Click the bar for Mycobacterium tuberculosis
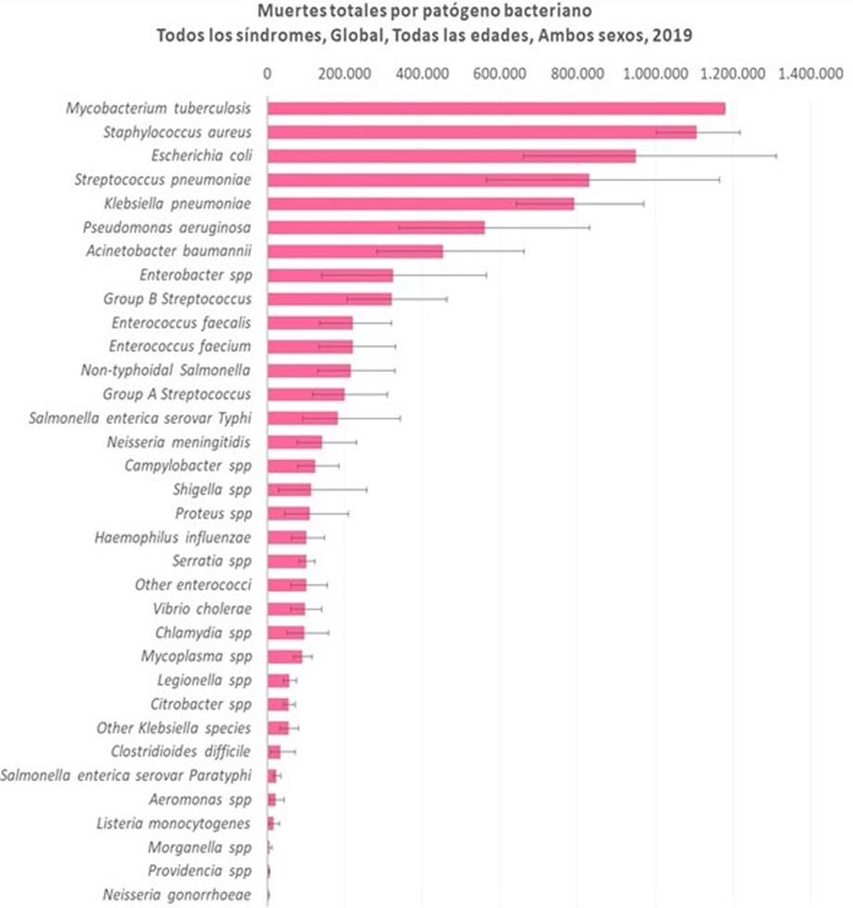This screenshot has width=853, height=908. (496, 108)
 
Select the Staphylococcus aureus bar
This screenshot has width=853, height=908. (481, 132)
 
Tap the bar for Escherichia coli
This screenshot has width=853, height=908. (451, 155)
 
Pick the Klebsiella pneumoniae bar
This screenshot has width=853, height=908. (421, 204)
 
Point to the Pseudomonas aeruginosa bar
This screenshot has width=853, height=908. (376, 228)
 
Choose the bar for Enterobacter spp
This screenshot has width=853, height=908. (330, 275)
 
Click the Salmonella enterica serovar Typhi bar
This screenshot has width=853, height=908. (303, 418)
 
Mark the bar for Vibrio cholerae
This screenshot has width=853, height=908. (286, 609)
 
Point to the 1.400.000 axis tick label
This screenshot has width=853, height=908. (810, 74)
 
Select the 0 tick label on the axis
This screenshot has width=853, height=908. (267, 74)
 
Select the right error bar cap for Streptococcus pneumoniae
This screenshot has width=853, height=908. (719, 180)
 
